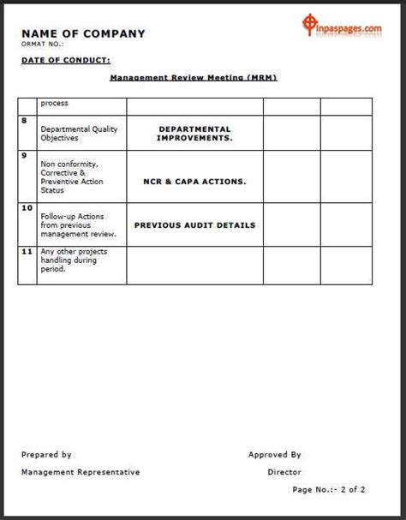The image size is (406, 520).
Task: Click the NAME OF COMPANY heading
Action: (x=83, y=33)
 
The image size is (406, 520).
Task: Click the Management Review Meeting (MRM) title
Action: (x=194, y=77)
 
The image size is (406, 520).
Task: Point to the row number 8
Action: (x=25, y=122)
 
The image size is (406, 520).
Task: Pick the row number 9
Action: (x=25, y=156)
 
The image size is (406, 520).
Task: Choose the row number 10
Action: (x=27, y=208)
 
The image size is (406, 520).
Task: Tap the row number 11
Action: (x=27, y=252)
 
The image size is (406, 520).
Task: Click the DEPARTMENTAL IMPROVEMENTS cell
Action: (x=194, y=133)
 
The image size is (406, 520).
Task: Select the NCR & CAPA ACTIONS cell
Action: (x=194, y=182)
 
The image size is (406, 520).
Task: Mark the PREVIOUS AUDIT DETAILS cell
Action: (x=194, y=225)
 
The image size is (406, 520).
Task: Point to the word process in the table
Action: (x=54, y=104)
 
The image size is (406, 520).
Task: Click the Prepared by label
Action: (x=46, y=455)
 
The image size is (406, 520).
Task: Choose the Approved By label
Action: (x=274, y=455)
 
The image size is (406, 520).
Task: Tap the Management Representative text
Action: (x=80, y=472)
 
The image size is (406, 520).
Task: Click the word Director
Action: (x=284, y=472)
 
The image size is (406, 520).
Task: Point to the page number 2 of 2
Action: (x=329, y=490)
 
